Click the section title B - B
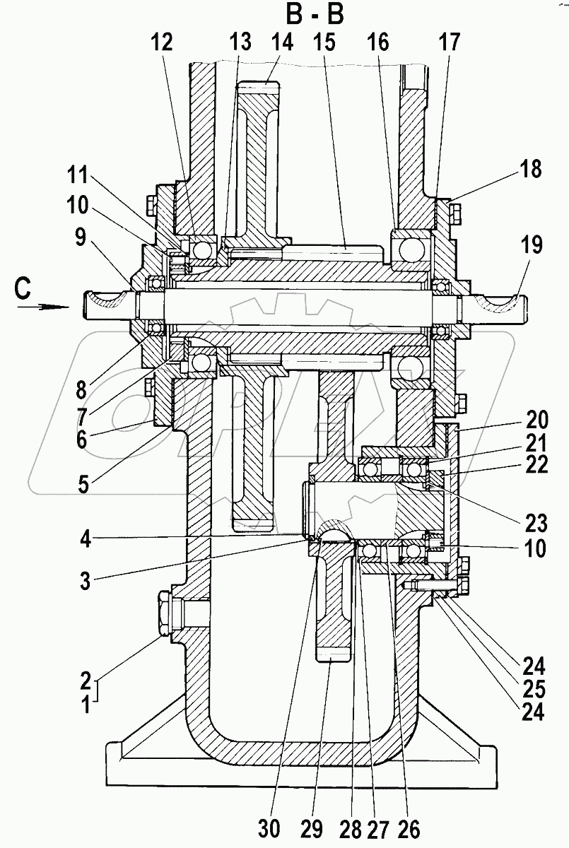pos(315,16)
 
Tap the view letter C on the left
pos(23,290)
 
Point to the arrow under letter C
pos(44,307)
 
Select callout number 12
pos(162,42)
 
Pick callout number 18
pos(532,169)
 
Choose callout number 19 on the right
pos(532,245)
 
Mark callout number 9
pos(81,238)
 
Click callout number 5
pos(83,484)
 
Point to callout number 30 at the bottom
pos(269,828)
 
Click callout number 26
pos(409,828)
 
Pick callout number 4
pos(86,539)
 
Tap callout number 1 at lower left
pos(87,705)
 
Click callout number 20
pos(536,419)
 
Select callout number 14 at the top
pos(283,42)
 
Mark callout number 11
pos(78,175)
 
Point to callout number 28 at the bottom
pos(351,828)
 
